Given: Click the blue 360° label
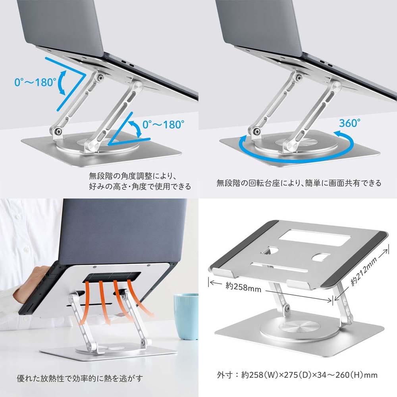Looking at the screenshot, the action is point(350,123).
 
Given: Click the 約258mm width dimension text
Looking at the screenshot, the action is point(243,287).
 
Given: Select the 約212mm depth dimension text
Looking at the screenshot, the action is point(364,271).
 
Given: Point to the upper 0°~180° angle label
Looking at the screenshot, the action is point(35,82).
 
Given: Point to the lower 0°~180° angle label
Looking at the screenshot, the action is point(163,125).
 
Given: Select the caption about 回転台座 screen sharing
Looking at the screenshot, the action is point(299,183).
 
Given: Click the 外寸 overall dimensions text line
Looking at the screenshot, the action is point(297,375).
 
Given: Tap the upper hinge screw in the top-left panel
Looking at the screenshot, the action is point(100,77).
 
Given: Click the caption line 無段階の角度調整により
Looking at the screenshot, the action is point(133,176).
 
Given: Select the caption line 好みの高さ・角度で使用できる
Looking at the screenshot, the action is point(140,186).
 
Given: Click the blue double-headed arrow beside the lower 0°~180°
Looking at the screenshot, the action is point(135,129).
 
